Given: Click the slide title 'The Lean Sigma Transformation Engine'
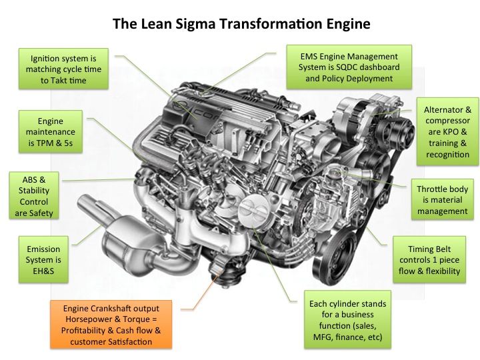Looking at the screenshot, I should click(241, 24).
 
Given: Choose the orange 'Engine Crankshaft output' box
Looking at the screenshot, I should click(111, 325).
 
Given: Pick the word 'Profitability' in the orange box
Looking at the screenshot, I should click(82, 330).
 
